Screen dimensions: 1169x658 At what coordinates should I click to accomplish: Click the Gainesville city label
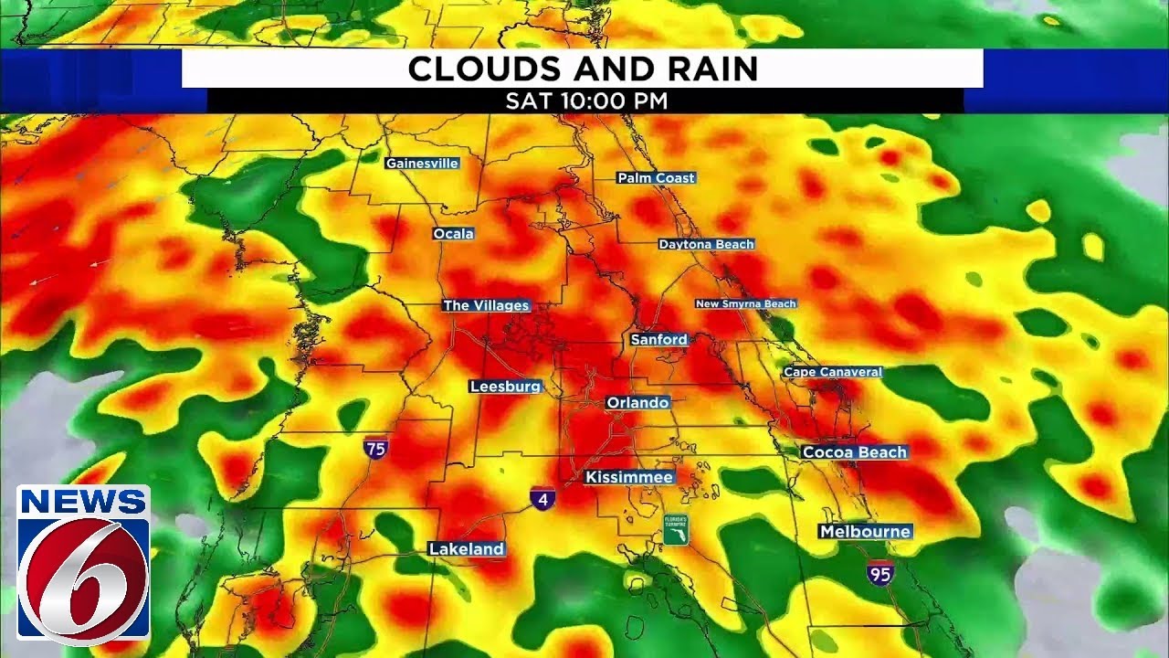point(422,164)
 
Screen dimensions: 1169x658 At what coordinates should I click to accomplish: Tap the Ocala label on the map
point(454,234)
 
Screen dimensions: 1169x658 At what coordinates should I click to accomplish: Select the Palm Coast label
point(656,178)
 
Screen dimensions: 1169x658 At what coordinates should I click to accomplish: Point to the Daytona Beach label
point(707,245)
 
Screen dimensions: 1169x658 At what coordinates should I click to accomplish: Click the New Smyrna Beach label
point(746,303)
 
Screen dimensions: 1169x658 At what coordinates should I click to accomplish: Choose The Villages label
point(486,305)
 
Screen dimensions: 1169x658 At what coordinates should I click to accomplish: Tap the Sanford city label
point(659,339)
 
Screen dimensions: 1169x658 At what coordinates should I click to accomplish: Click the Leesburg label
point(506,387)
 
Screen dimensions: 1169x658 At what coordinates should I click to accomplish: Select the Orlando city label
point(638,402)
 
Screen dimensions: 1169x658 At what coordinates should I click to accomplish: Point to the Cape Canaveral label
point(833,372)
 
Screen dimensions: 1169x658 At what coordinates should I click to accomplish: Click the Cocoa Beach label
point(855,452)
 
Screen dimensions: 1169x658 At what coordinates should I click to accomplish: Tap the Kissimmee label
point(629,477)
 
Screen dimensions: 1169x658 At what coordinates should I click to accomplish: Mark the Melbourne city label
point(865,531)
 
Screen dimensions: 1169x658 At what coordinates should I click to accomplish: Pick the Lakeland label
point(467,548)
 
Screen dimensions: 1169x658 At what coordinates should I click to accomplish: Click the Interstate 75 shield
point(375,448)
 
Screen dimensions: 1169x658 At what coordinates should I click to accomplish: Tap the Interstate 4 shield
point(542,498)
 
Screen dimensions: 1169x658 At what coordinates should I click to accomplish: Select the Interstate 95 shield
point(880,573)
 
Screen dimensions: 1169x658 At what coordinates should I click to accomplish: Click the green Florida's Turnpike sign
point(676,529)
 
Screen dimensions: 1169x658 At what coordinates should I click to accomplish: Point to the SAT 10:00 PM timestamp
point(586,101)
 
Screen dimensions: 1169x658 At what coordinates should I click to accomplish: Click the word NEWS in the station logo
point(83,501)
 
